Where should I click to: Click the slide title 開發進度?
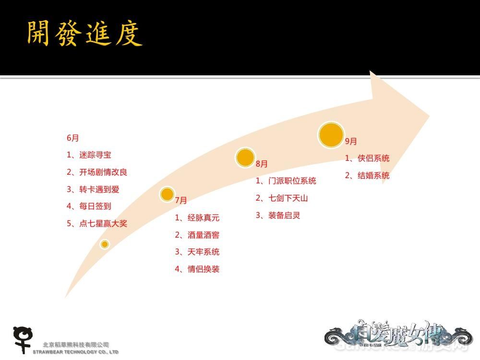coord(84,34)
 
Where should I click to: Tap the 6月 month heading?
coord(73,138)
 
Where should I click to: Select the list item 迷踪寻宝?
coord(89,155)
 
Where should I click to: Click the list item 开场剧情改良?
coord(97,172)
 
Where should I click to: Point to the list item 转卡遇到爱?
coord(93,189)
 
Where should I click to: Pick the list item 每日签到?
coord(89,206)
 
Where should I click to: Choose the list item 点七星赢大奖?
coord(97,223)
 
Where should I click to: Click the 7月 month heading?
coord(181,200)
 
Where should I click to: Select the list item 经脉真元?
coord(197,217)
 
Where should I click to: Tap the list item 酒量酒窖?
coord(197,235)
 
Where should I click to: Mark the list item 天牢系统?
coord(197,252)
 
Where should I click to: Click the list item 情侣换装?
coord(197,269)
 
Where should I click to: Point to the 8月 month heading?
coord(262,164)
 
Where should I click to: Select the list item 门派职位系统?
coord(286,181)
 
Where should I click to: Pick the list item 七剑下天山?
coord(282,198)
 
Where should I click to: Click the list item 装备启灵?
coord(278,215)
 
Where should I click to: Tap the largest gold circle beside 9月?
coord(331,134)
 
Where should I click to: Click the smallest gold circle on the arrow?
coord(105,244)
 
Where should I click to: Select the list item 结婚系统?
coord(367,176)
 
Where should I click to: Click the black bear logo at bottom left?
coord(22,339)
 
